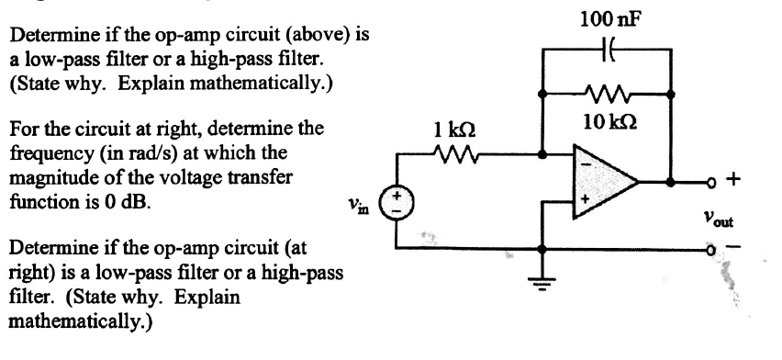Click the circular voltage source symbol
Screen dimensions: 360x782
point(397,201)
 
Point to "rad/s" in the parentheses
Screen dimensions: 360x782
point(128,150)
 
